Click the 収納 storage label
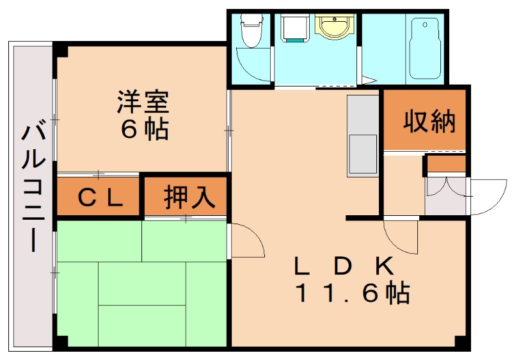[x=429, y=121]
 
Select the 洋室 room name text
[x=142, y=102]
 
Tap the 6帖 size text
[x=145, y=129]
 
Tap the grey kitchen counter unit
[x=362, y=136]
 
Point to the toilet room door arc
[x=251, y=65]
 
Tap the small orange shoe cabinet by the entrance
[x=447, y=164]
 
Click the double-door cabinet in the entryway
[x=445, y=195]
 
